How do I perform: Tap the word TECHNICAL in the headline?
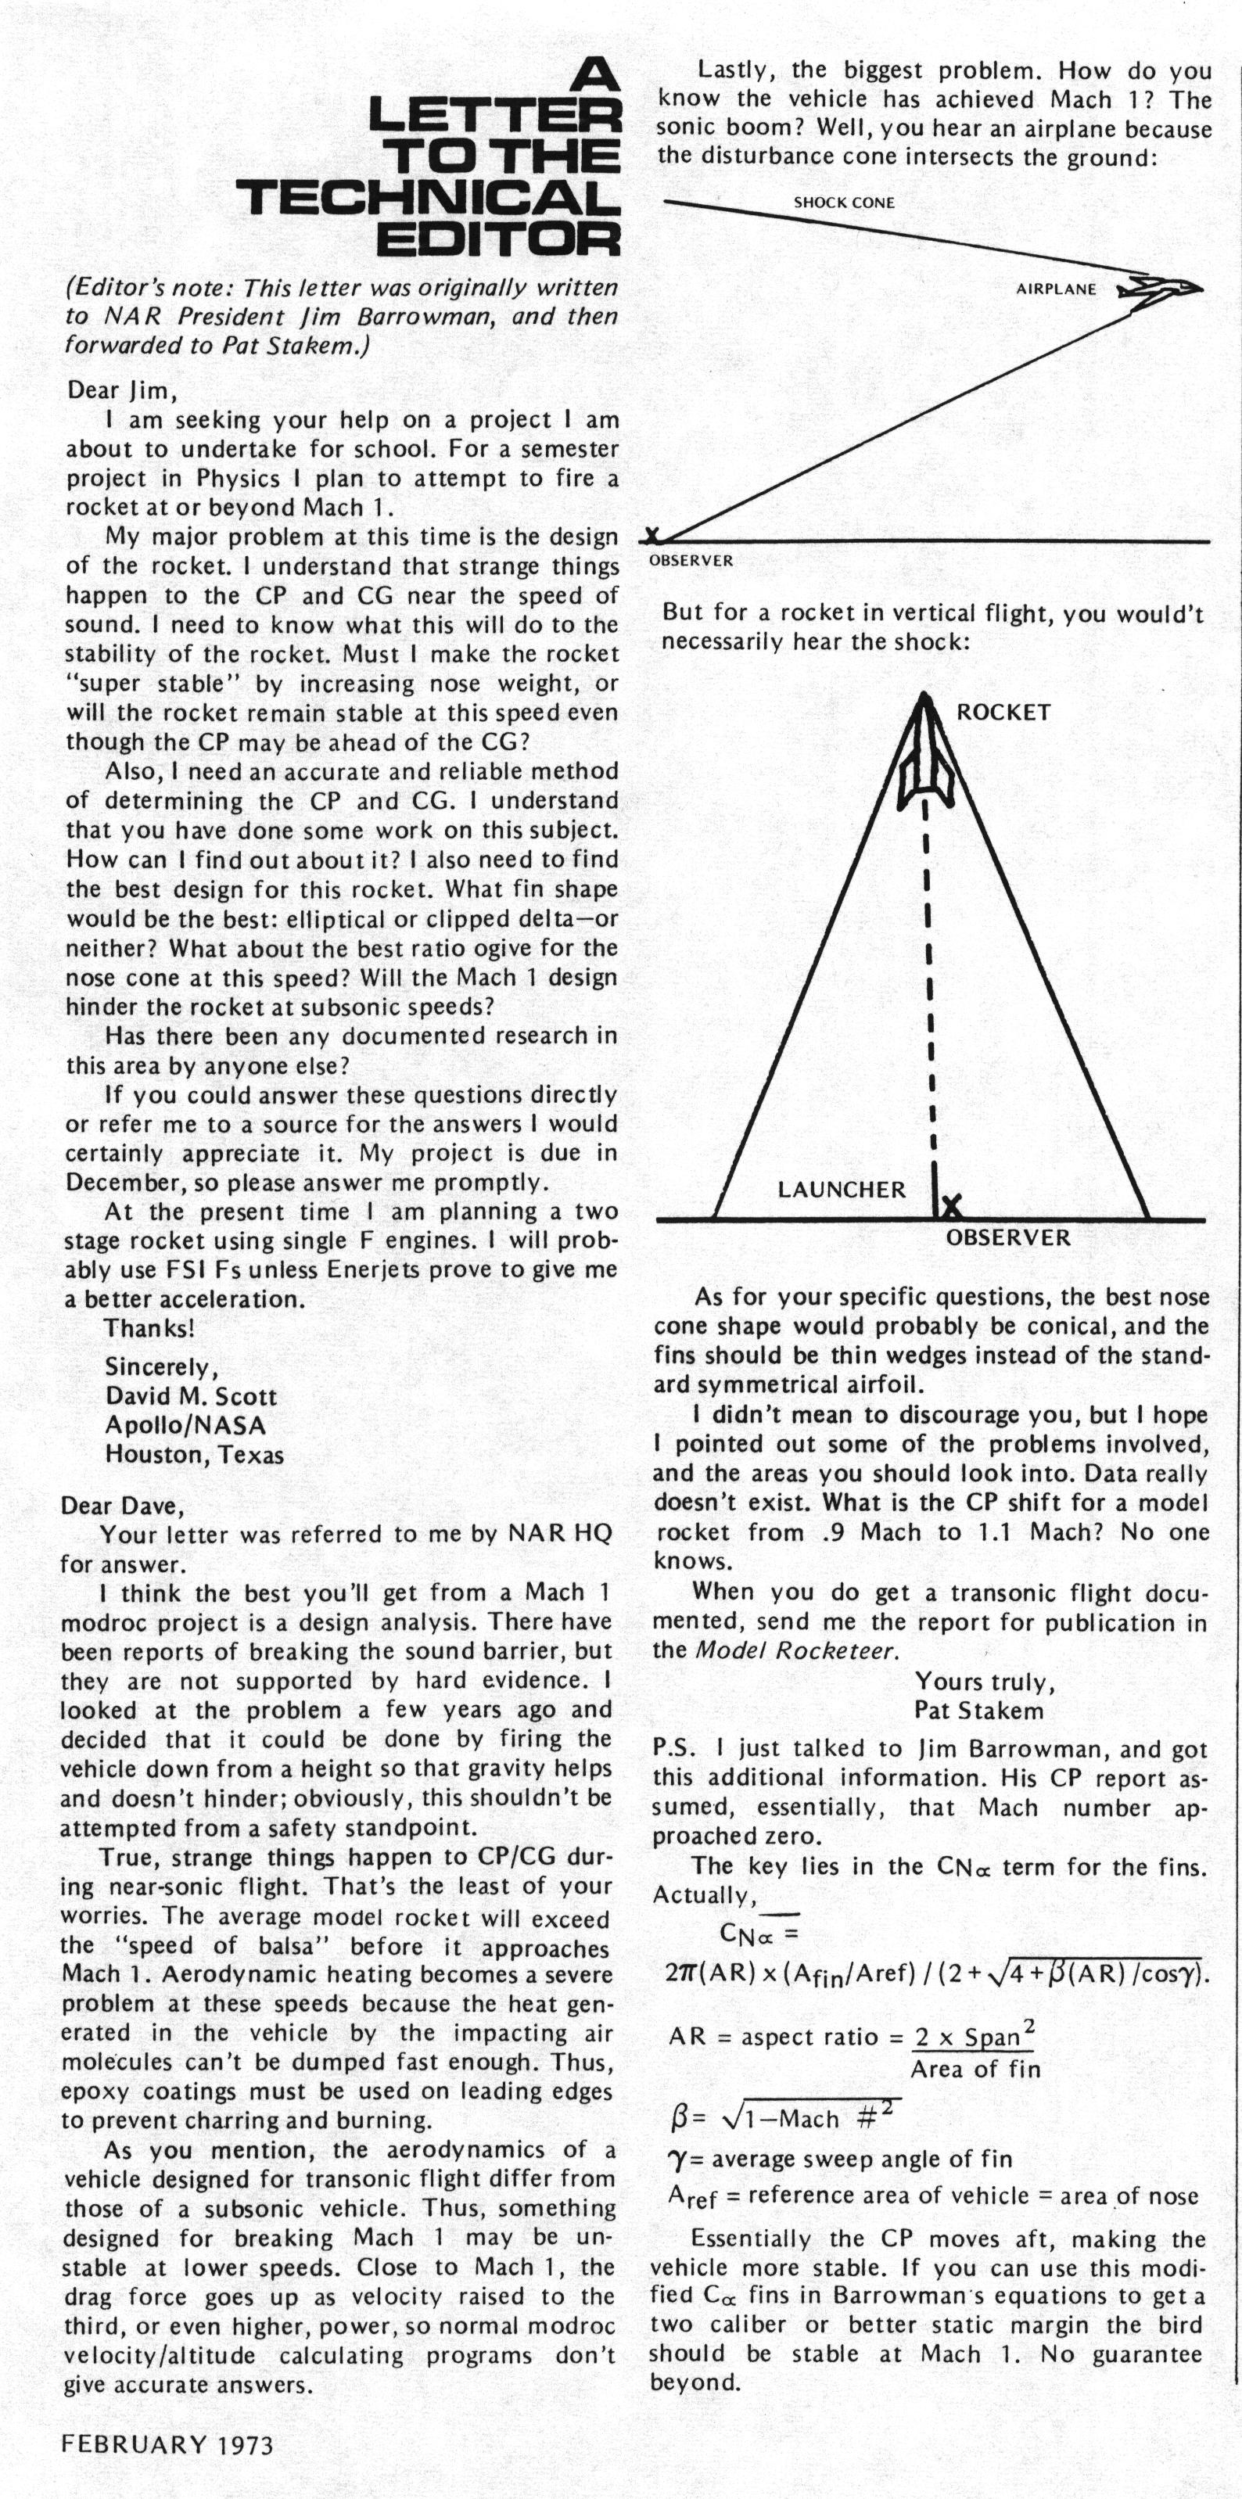click(x=428, y=198)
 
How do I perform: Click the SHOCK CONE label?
click(x=844, y=203)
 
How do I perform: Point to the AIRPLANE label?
click(x=1056, y=289)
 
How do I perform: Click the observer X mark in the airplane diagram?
click(x=653, y=534)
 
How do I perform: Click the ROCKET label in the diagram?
click(x=1003, y=712)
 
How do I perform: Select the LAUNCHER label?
click(x=842, y=1190)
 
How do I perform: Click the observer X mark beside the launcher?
click(x=952, y=1207)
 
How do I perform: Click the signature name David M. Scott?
click(x=191, y=1396)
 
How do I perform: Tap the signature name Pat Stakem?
click(x=978, y=1711)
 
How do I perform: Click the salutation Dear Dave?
click(x=121, y=1506)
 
